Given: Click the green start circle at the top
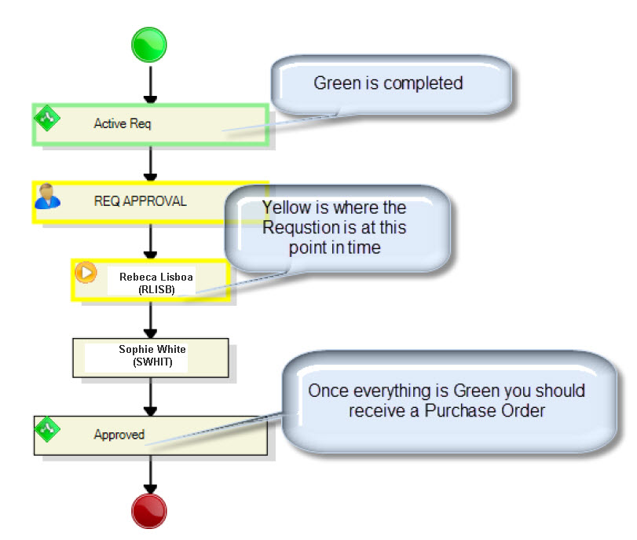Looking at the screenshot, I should (150, 43).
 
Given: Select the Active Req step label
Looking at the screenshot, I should (123, 123).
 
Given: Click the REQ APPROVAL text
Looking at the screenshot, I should (140, 201).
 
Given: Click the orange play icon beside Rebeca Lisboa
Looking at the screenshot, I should (86, 272).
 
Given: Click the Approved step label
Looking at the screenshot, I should (119, 435).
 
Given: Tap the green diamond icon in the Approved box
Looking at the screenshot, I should (48, 429).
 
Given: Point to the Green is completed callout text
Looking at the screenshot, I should (388, 83).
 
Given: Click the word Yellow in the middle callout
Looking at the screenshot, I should (287, 208).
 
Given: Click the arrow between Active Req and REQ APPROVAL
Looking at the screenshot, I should (150, 163).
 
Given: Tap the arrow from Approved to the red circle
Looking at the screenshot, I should (150, 474).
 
